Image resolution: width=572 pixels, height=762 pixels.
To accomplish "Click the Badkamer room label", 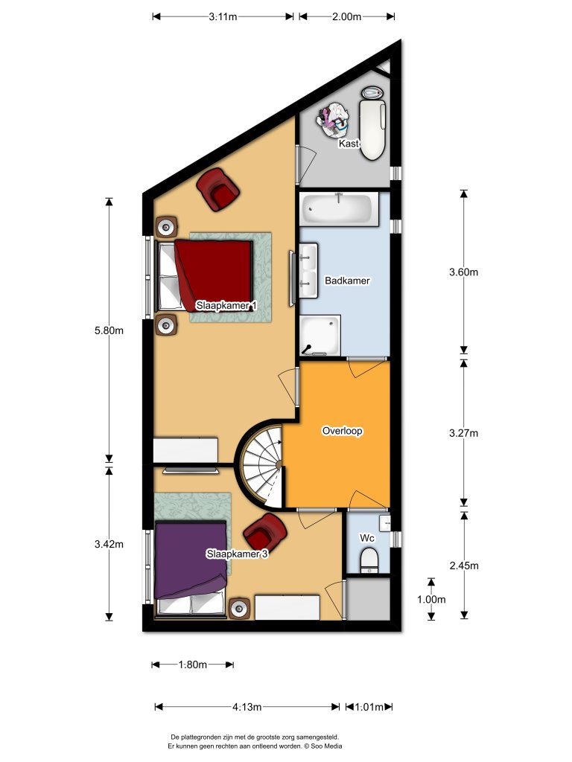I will tap(347, 281).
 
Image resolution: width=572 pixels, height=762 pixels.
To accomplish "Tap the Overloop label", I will tap(342, 431).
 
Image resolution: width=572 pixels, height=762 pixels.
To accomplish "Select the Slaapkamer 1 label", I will tap(226, 306).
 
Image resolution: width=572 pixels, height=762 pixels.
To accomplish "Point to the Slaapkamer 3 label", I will tap(237, 554).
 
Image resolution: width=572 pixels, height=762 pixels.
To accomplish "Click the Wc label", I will tap(366, 537).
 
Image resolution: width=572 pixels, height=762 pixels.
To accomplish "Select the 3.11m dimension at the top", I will tap(223, 16).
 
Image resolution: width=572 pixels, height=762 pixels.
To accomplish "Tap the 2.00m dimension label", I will tap(346, 16).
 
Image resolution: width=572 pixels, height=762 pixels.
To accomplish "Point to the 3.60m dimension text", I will tap(464, 272).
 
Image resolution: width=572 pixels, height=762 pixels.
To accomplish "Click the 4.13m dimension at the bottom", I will tap(247, 707).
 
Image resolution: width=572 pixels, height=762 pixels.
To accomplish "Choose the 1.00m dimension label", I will tap(431, 599).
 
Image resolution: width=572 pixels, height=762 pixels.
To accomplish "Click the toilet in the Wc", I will tap(369, 559).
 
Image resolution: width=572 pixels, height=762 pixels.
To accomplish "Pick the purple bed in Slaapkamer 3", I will tap(190, 560).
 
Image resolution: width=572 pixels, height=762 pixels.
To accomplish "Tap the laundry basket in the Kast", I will tap(334, 118).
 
